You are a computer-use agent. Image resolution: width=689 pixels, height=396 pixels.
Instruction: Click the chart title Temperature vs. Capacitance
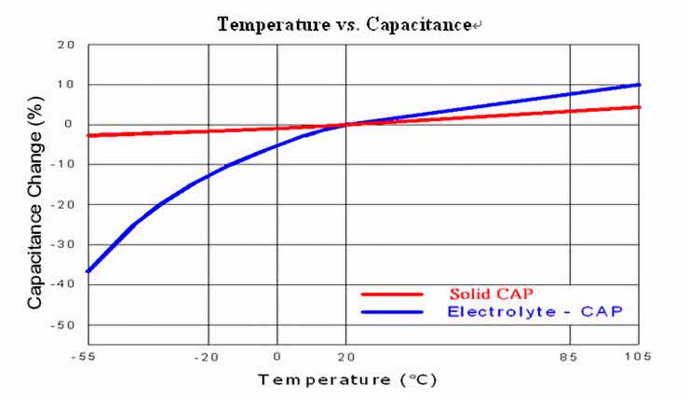point(344,24)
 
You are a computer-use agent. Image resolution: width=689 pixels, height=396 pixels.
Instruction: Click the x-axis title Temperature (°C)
point(347,379)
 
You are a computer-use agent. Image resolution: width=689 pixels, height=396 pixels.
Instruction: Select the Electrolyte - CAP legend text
point(534,310)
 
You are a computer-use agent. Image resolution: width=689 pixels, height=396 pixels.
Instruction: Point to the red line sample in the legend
point(391,294)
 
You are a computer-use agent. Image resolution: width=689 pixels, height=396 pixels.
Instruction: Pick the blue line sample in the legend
point(391,311)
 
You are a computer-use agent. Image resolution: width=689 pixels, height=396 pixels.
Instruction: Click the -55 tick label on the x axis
point(88,356)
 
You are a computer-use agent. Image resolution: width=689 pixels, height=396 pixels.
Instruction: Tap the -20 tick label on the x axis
point(207,356)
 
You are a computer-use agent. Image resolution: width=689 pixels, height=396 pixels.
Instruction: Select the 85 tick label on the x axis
point(571,356)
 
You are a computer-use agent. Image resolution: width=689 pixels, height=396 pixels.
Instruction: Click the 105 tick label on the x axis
point(639,356)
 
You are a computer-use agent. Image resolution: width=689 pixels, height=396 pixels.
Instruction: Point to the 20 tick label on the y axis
point(66,45)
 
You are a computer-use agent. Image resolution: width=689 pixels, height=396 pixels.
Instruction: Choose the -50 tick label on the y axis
point(63,325)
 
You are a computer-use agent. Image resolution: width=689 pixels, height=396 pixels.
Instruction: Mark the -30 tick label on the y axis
point(63,245)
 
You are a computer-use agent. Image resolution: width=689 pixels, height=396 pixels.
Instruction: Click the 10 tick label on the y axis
point(66,85)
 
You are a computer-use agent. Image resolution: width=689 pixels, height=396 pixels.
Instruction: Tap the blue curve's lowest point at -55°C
point(88,271)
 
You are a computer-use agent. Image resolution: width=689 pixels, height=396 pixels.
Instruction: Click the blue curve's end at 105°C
point(639,85)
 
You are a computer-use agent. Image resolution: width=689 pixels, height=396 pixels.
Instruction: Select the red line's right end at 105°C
point(639,107)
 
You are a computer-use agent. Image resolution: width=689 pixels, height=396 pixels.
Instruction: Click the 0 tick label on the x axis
point(277,356)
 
